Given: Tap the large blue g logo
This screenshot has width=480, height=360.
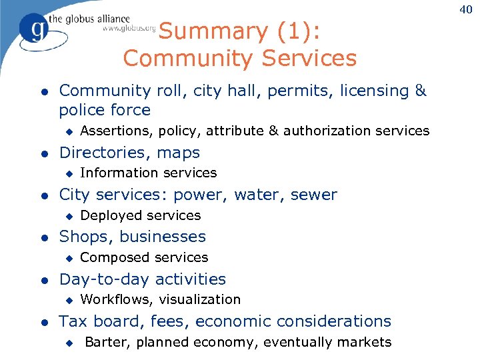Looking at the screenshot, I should click(x=34, y=29).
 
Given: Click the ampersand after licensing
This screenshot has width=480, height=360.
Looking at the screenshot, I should click(x=420, y=90).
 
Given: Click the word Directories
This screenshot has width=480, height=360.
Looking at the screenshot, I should click(x=105, y=153).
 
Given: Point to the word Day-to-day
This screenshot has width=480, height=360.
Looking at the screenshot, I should click(x=101, y=279).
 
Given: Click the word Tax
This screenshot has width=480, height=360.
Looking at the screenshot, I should click(x=73, y=321).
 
